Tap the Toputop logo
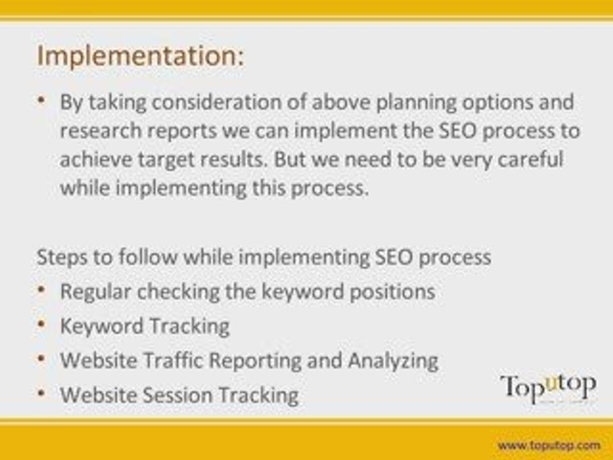[548, 388]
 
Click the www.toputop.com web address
[549, 445]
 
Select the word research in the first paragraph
[100, 130]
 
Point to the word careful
[531, 159]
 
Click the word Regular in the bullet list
[95, 292]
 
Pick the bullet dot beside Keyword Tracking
[41, 325]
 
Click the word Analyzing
[393, 360]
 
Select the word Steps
[62, 257]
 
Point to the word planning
[416, 103]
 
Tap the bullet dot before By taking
[41, 100]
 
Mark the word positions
[392, 292]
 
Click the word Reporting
[255, 360]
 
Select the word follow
[148, 257]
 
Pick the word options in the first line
[497, 103]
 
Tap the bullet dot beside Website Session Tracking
[41, 393]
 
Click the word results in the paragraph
[234, 159]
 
